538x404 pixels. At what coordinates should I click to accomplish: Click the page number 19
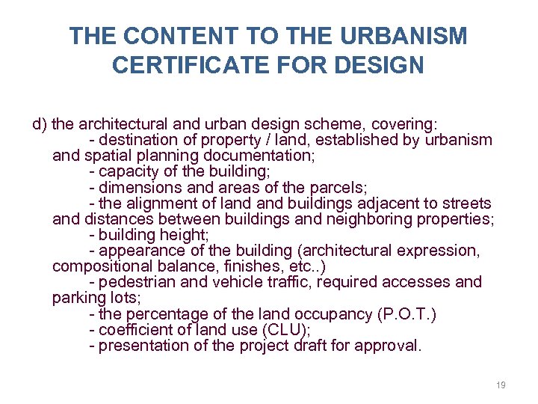(x=501, y=385)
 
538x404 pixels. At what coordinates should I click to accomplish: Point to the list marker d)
(x=40, y=123)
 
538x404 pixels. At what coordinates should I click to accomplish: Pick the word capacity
(x=129, y=171)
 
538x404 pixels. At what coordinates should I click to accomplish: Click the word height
(x=183, y=235)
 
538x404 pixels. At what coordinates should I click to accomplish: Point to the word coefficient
(x=137, y=329)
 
